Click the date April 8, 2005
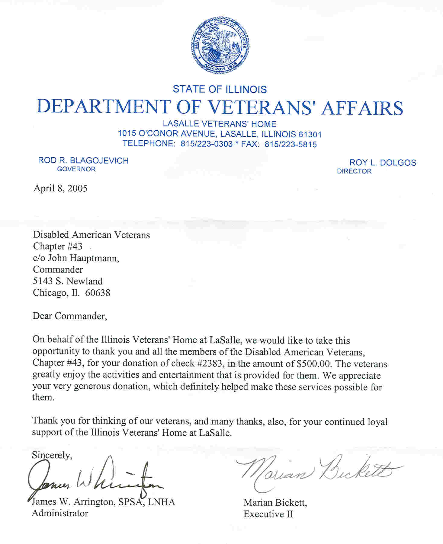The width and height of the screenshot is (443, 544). click(60, 189)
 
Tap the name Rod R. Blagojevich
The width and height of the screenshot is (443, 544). click(83, 161)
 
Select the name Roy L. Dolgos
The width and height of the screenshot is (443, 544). click(383, 163)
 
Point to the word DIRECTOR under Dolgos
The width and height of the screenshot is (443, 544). click(354, 171)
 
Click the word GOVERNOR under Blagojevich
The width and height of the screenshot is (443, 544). click(76, 169)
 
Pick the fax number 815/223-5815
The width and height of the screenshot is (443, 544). click(291, 145)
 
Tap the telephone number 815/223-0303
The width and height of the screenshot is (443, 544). click(207, 144)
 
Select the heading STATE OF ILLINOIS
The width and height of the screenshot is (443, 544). click(220, 89)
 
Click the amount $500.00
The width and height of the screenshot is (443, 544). click(314, 364)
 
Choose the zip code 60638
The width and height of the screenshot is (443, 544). click(98, 293)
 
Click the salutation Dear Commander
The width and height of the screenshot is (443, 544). click(69, 316)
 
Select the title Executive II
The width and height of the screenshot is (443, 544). click(268, 514)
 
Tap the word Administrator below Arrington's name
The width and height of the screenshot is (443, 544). click(60, 513)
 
